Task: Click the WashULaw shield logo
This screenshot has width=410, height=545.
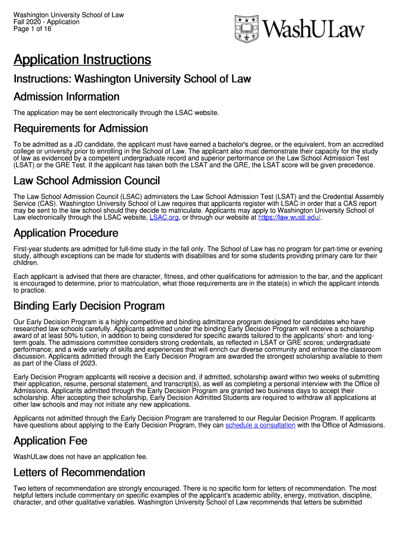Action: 246,28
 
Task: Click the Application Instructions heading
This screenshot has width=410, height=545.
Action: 82,59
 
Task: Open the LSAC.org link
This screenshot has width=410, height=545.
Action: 165,217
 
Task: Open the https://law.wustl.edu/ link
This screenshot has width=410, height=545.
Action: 289,217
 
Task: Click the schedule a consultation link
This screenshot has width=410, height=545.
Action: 260,425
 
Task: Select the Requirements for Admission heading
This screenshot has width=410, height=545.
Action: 80,128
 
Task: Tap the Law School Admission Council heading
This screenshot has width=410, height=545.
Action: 86,181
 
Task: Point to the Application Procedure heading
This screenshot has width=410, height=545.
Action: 65,233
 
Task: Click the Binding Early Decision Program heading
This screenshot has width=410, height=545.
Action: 88,306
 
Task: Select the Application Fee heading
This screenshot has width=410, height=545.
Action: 50,441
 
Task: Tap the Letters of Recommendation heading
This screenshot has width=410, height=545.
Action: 79,473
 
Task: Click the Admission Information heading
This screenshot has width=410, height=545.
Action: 66,97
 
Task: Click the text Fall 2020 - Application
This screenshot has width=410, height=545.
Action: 46,22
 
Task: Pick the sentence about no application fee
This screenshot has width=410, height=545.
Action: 80,457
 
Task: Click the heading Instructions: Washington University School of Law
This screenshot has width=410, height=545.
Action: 132,79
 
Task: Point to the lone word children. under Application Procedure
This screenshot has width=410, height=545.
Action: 26,263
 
